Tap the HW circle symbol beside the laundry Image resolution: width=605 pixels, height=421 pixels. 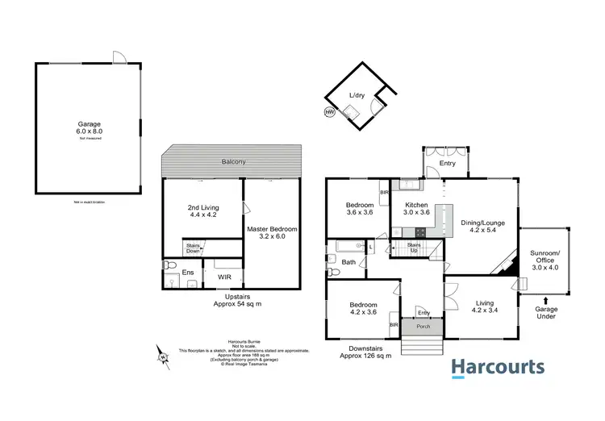pyautogui.click(x=329, y=112)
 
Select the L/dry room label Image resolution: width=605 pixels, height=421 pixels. pyautogui.click(x=356, y=96)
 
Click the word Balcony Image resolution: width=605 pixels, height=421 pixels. pyautogui.click(x=234, y=163)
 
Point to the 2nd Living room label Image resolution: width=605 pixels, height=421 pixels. pyautogui.click(x=202, y=212)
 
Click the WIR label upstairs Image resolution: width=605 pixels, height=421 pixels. pyautogui.click(x=225, y=277)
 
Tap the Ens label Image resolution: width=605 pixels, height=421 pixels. pyautogui.click(x=187, y=273)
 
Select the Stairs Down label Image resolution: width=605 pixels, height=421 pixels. pyautogui.click(x=193, y=248)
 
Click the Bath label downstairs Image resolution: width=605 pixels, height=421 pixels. pyautogui.click(x=348, y=262)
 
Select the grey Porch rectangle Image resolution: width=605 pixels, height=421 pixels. pyautogui.click(x=423, y=327)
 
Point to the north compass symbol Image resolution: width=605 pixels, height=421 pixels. pyautogui.click(x=164, y=353)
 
